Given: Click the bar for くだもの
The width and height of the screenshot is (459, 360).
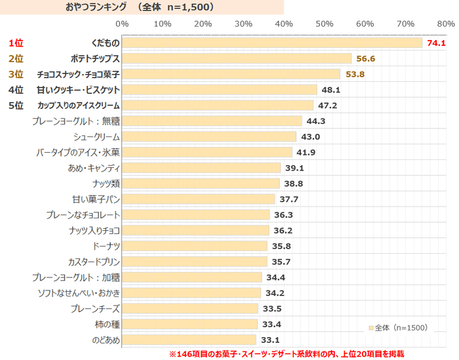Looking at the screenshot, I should [271, 43].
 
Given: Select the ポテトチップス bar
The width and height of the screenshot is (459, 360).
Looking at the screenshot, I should [236, 59].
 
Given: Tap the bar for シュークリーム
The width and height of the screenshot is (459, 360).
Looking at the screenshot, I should [209, 137].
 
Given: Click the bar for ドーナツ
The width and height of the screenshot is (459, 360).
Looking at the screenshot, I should [194, 247].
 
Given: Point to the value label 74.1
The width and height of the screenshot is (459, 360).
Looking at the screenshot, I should [436, 43].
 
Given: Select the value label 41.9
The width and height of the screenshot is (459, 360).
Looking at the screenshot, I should [306, 153].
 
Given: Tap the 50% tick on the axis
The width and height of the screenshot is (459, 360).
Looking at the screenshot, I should [325, 24].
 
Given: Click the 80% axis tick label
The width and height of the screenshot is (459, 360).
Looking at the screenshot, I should [446, 24].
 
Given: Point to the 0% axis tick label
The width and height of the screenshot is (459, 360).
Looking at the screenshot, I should [122, 24].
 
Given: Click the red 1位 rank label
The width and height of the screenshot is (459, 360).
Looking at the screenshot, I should [16, 43].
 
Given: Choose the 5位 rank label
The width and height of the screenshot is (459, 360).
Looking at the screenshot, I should [16, 106].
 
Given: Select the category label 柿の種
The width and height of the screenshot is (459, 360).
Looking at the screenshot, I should [108, 325].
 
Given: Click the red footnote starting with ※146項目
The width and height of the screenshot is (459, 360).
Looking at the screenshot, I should [287, 353].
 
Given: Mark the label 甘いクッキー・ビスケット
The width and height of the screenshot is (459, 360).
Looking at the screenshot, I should [78, 90].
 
